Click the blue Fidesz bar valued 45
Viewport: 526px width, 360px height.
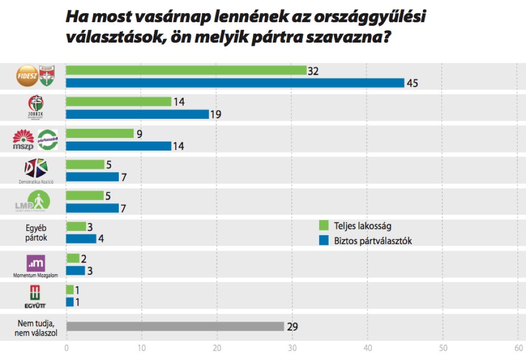tap(235, 83)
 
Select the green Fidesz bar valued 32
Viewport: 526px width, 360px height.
tap(186, 71)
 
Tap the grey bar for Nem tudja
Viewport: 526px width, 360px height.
tap(175, 326)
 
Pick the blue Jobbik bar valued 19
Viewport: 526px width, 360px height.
tap(137, 114)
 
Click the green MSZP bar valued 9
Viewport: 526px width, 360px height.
tap(100, 134)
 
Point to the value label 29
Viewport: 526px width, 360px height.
tap(292, 326)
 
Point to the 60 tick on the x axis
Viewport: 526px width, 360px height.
tap(518, 348)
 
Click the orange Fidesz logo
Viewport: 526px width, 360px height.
tap(26, 76)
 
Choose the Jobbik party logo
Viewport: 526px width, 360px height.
tap(35, 107)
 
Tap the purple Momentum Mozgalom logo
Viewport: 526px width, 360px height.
tap(35, 263)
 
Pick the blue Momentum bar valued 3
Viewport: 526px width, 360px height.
tap(76, 271)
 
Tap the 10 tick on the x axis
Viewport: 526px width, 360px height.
tap(141, 348)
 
